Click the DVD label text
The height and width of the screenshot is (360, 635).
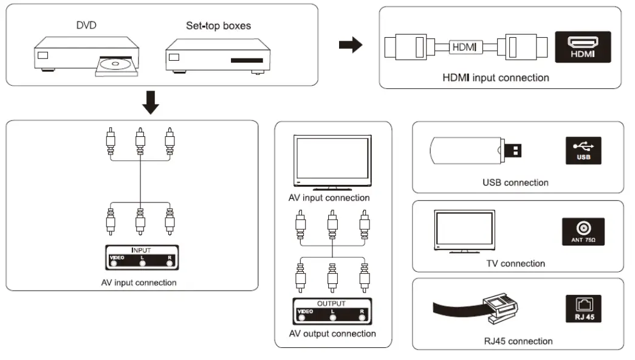pos(86,26)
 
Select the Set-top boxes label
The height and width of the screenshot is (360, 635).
pos(218,26)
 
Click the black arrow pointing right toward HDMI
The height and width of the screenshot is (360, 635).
pos(350,46)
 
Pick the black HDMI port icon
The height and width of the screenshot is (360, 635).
pos(582,47)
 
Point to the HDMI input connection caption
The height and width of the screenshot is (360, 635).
pos(496,78)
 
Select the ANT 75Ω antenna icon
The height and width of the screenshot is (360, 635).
pos(582,232)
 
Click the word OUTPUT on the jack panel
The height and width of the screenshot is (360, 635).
pos(332,303)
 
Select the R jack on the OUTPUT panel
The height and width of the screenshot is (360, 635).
pos(363,317)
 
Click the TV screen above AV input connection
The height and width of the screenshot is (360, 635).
pos(332,159)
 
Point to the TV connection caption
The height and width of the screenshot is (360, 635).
pos(515,263)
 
